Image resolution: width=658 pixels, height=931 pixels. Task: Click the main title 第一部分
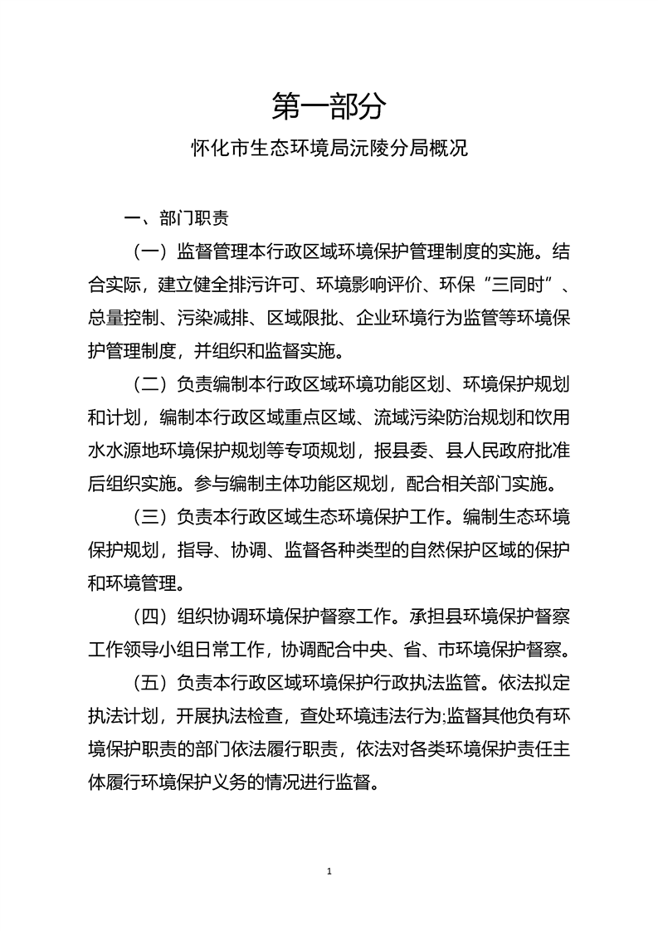click(x=329, y=106)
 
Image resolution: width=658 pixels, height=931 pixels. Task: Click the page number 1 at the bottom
click(x=329, y=870)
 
